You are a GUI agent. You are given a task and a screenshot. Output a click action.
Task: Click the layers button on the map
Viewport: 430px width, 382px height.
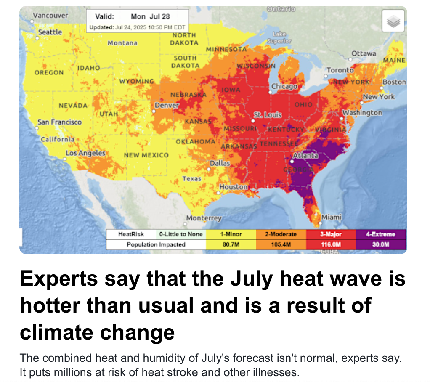coord(393,21)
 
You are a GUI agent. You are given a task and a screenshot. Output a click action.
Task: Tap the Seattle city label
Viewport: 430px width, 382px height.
coord(50,32)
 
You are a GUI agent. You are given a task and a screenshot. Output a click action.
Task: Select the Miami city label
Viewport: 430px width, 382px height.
coord(332,217)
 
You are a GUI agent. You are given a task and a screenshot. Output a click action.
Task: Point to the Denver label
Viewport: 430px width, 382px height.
coord(167,105)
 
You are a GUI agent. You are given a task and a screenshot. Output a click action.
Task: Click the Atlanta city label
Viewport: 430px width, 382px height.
coord(306,155)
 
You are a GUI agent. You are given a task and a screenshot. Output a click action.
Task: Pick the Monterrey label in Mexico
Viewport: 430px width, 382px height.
coord(204,218)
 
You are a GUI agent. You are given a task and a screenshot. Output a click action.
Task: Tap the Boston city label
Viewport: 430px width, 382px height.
coord(394,82)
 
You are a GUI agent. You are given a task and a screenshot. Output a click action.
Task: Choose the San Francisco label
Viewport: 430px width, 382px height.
coord(59,122)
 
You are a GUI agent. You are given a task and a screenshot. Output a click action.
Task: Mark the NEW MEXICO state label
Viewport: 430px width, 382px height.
coord(146,155)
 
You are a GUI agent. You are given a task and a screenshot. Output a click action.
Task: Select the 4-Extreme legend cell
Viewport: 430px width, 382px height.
coord(381,234)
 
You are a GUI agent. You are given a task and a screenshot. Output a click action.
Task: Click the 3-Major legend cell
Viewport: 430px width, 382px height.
coord(331,234)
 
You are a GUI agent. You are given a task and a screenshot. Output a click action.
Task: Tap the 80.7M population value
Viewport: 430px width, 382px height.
coord(230,244)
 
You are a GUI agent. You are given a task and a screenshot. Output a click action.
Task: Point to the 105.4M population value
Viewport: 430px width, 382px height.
coord(281,244)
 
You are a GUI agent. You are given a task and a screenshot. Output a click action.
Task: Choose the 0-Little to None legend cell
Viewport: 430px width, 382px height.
coord(180,234)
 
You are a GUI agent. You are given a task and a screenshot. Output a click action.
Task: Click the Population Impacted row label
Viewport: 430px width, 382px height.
coord(156,244)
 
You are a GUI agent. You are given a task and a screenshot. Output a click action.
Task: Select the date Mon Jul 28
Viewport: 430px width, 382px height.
coord(150,16)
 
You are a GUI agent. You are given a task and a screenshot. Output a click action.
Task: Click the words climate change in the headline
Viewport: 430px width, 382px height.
coord(97,332)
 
